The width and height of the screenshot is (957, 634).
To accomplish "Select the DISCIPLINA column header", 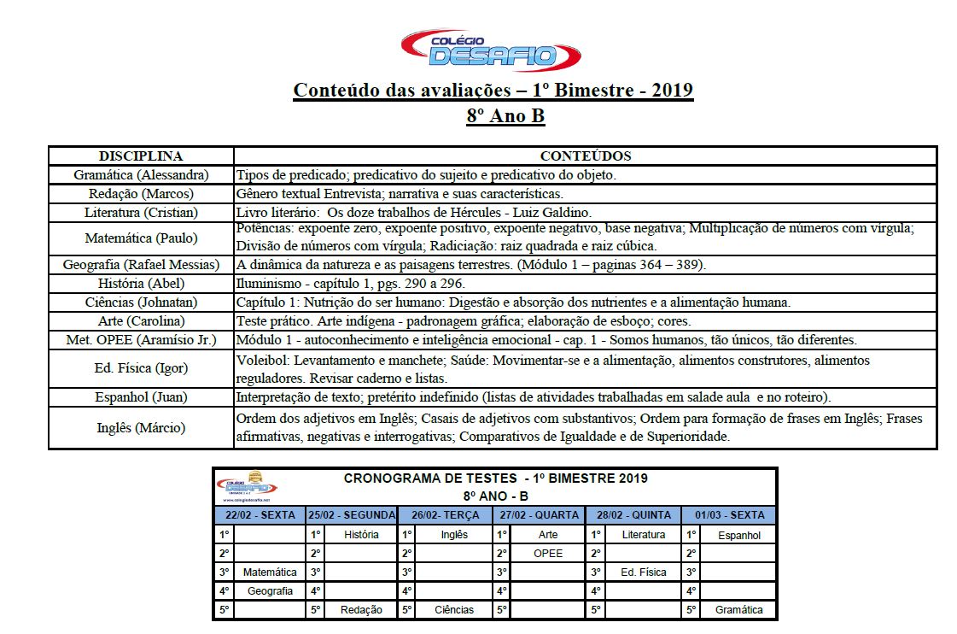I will coord(141,156).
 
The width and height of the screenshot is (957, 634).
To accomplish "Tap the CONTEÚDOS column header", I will coord(586,156).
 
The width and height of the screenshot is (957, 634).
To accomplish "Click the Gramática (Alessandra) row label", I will coord(141,175).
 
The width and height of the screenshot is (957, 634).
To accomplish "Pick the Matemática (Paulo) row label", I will coord(141,238).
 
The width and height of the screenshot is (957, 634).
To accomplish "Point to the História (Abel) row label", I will coord(141,284).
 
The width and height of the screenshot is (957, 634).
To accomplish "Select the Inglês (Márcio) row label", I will coord(141,428).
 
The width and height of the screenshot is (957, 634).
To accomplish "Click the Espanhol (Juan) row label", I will coord(141,397).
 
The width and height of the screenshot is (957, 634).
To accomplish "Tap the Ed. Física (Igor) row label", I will coord(141,368).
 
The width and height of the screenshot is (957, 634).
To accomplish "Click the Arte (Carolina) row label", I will coord(141,321).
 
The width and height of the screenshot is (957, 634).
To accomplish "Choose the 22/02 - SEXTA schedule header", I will coord(260,515).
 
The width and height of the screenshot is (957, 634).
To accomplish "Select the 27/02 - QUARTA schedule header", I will coord(540,515).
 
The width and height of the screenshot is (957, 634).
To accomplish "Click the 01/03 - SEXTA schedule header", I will coord(729,515).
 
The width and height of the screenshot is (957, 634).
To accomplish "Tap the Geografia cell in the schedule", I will coord(270,591).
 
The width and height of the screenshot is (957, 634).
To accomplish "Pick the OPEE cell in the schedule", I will coord(548,554).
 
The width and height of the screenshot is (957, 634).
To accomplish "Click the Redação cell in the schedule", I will coord(361,610).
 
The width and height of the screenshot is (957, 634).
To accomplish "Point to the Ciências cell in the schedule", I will coord(454,610).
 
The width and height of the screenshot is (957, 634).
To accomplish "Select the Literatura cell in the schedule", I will coord(643,535).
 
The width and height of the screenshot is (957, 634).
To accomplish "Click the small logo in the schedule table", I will coord(248,488).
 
